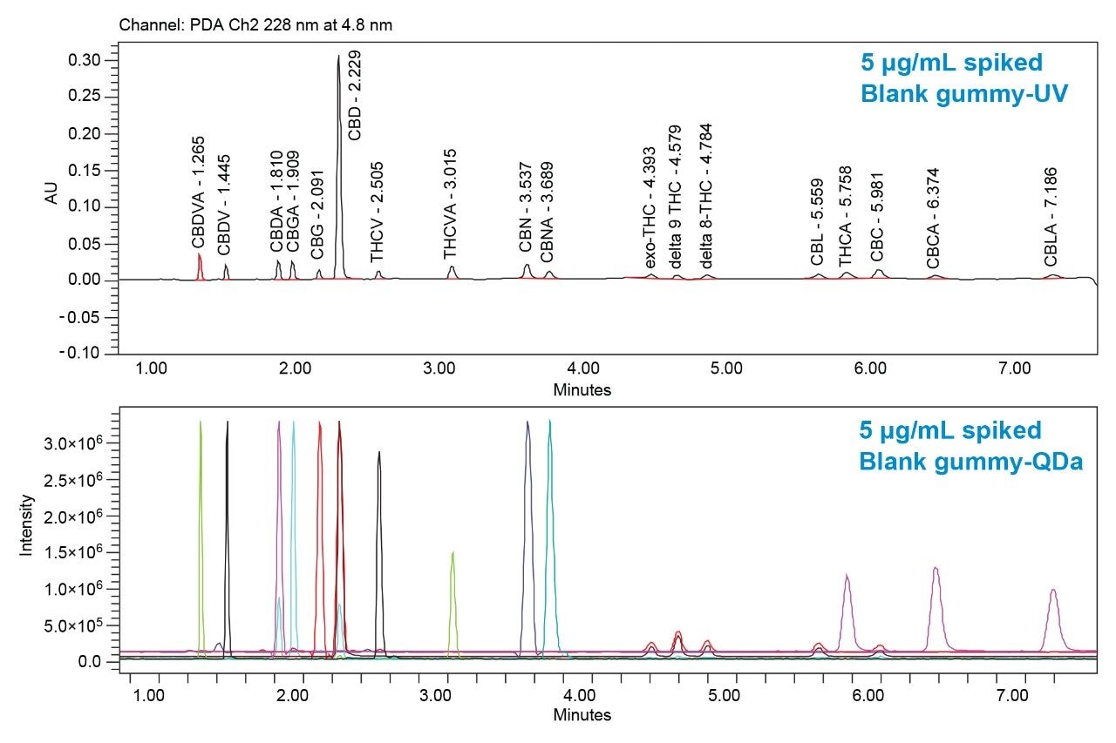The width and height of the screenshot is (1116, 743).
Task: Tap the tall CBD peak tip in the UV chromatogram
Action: click(339, 57)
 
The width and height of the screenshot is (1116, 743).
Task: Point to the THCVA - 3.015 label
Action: click(451, 204)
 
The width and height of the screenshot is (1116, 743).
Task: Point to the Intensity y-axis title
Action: click(26, 525)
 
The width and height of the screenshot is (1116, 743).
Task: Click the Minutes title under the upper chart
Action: click(582, 390)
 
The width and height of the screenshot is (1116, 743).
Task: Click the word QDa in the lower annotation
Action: click(1055, 462)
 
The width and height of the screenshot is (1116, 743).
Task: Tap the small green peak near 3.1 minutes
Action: click(453, 552)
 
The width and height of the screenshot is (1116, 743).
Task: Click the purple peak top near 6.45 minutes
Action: click(935, 568)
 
